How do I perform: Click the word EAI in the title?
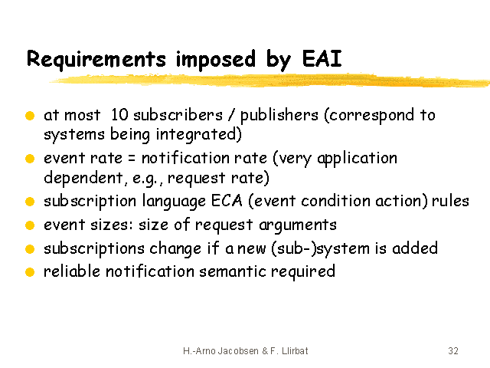[322, 58]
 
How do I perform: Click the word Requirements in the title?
[96, 60]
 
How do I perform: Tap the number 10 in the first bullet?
[119, 114]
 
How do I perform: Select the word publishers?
[279, 116]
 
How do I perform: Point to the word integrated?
[199, 135]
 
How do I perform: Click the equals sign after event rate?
[132, 158]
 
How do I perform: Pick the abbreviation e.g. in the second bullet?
[148, 179]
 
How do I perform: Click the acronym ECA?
[227, 201]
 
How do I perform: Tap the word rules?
[450, 201]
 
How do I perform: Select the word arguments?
[298, 225]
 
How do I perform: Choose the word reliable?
[72, 271]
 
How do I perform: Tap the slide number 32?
[453, 351]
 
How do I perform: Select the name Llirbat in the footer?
[295, 351]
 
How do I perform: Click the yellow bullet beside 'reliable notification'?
[30, 272]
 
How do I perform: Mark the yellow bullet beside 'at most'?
[30, 116]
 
